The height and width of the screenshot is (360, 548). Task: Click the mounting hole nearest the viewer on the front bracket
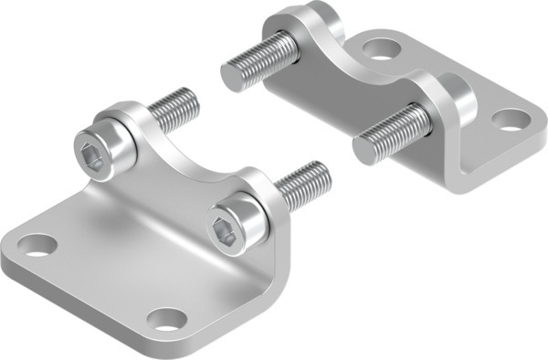(166, 319)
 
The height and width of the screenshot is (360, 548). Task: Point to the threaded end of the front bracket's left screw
(175, 108)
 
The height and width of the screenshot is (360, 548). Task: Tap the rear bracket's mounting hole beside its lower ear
(509, 119)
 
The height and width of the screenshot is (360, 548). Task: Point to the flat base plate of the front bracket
(100, 265)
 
